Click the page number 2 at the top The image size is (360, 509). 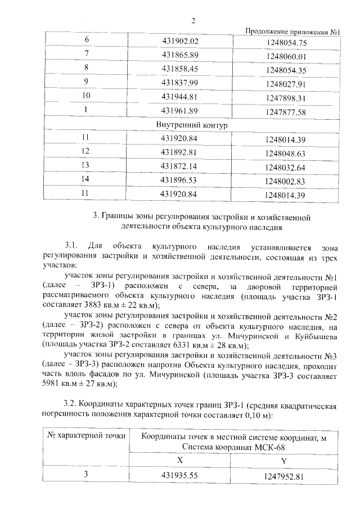[x=193, y=21]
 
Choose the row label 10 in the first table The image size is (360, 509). [x=87, y=96]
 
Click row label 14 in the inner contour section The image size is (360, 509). [x=85, y=180]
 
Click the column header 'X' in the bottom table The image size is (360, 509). [x=180, y=459]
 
